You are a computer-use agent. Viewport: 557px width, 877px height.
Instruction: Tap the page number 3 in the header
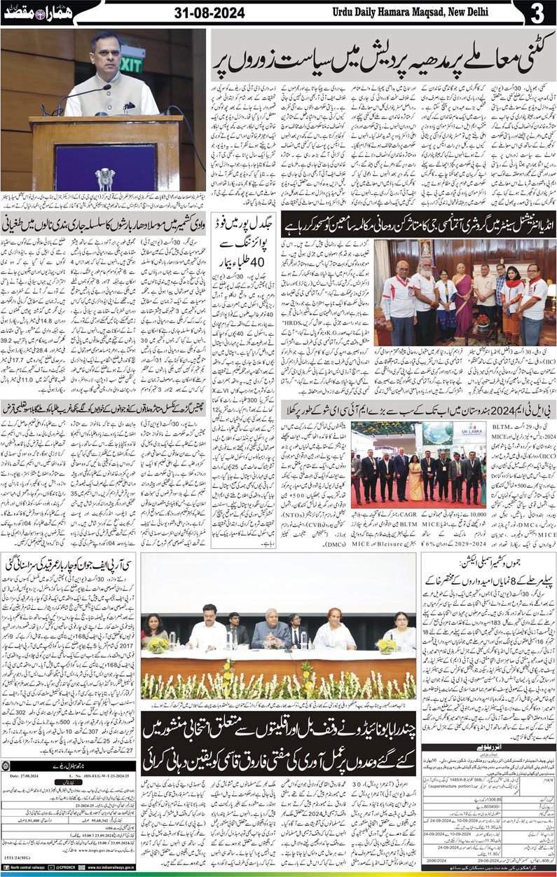(x=537, y=13)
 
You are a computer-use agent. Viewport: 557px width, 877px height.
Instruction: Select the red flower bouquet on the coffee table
(x=483, y=319)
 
